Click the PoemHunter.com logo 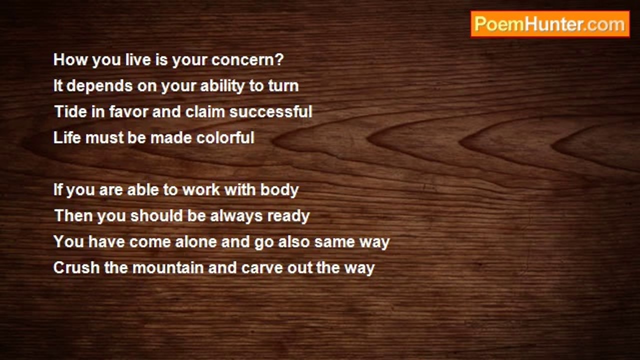[550, 24]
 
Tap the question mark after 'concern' [279, 59]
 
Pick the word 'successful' [271, 111]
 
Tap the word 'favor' [128, 111]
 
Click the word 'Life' [67, 137]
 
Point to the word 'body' [279, 190]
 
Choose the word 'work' [201, 189]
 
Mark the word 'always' [236, 216]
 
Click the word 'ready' [288, 216]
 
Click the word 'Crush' [76, 267]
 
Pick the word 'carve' [262, 268]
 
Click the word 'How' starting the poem [70, 59]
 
